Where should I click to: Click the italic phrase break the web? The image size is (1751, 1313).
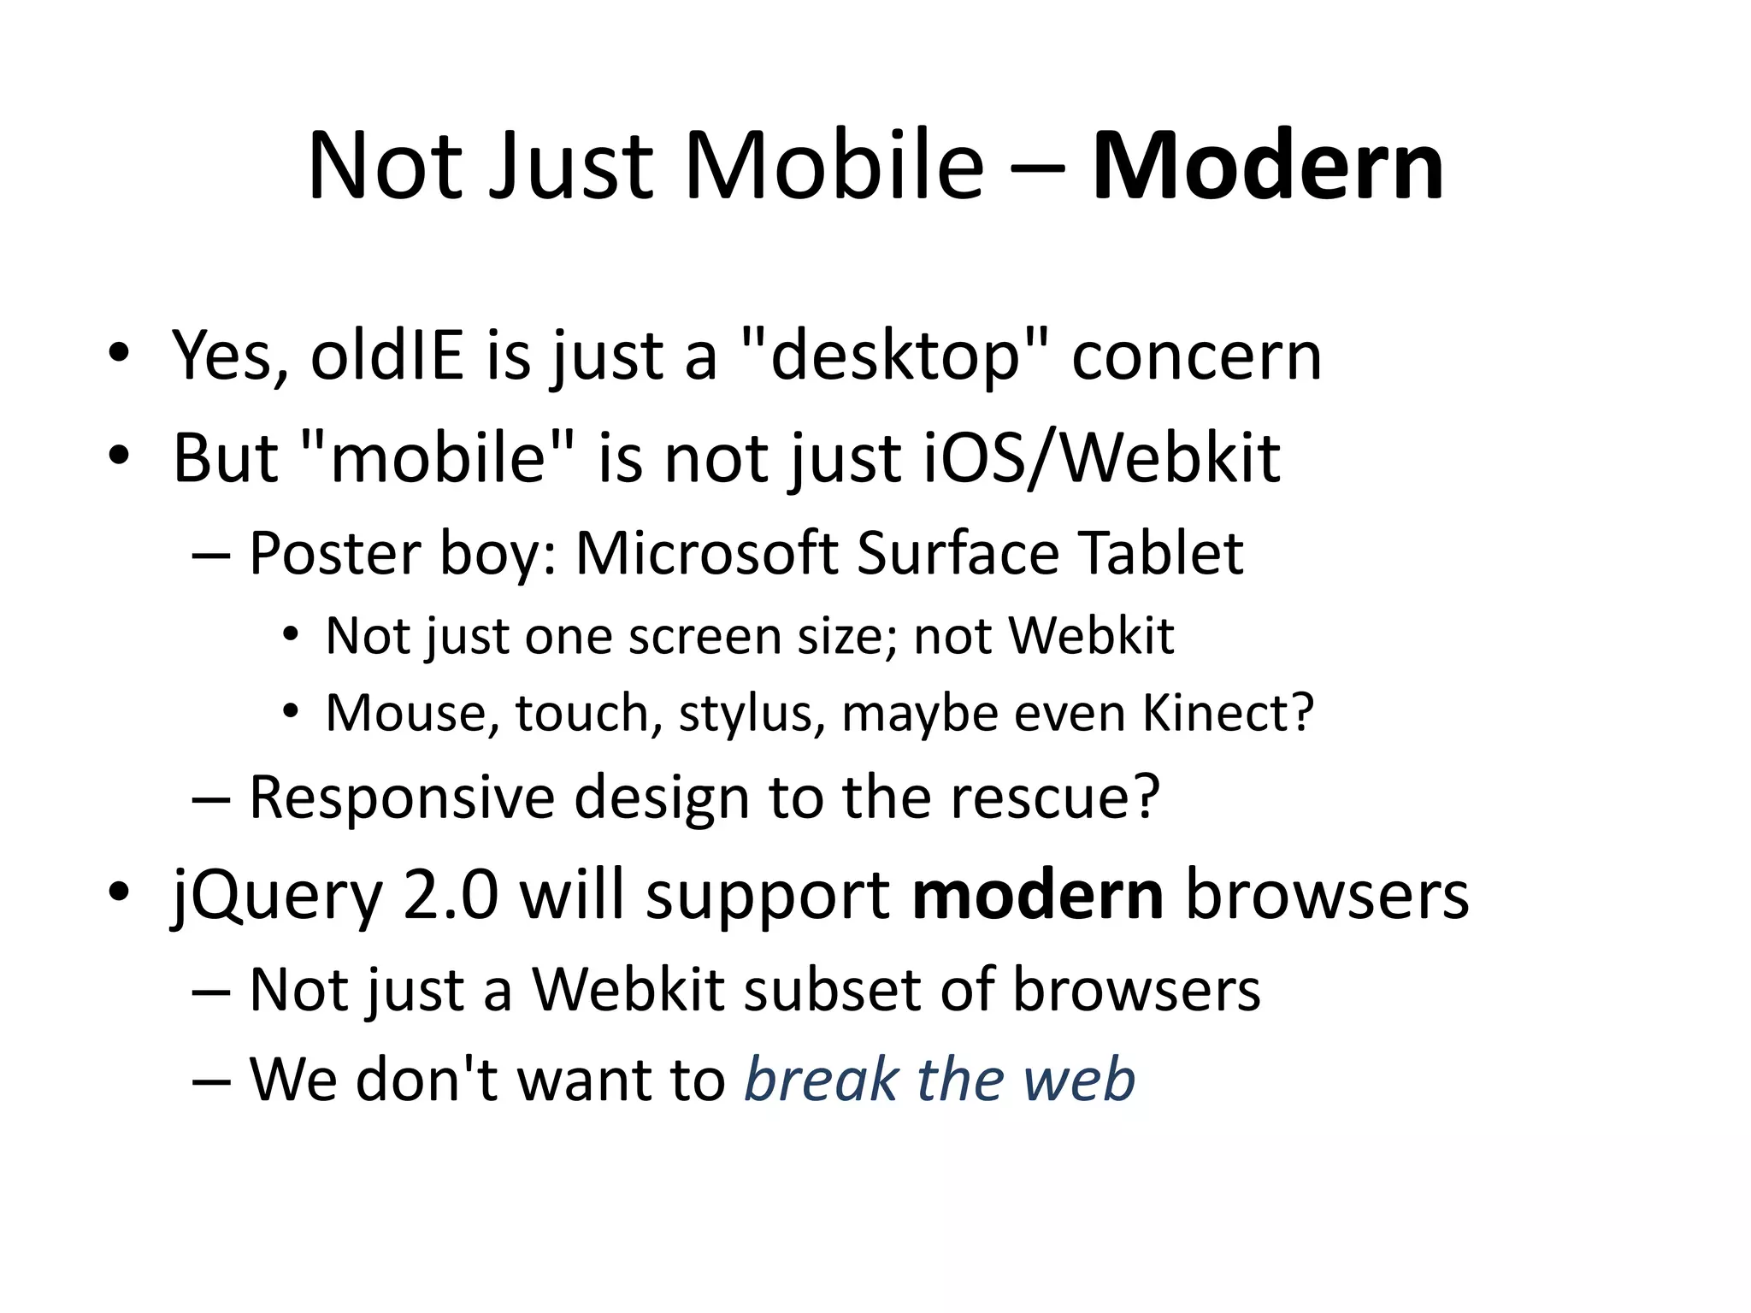coord(940,1080)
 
